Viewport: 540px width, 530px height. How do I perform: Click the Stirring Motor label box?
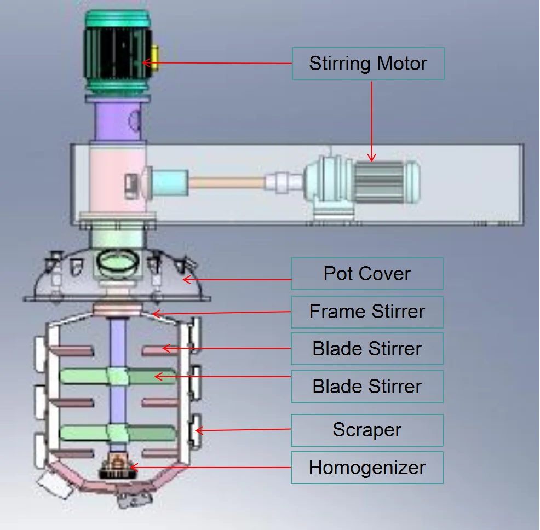pyautogui.click(x=368, y=64)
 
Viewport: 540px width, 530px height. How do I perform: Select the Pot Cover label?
pyautogui.click(x=367, y=274)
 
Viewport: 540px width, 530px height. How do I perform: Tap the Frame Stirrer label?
pyautogui.click(x=367, y=312)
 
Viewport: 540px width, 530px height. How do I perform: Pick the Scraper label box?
pyautogui.click(x=367, y=430)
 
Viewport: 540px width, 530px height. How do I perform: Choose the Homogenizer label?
pyautogui.click(x=367, y=468)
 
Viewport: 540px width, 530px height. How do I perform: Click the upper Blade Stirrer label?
pyautogui.click(x=367, y=349)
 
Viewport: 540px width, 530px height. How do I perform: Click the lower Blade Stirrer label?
pyautogui.click(x=367, y=387)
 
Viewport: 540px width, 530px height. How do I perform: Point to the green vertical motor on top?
pyautogui.click(x=118, y=51)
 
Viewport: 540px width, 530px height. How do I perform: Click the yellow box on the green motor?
pyautogui.click(x=154, y=57)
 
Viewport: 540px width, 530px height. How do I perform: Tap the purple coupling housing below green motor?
pyautogui.click(x=117, y=120)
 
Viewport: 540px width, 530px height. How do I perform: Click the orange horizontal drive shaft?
pyautogui.click(x=227, y=182)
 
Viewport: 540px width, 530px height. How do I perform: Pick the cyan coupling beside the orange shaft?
pyautogui.click(x=170, y=182)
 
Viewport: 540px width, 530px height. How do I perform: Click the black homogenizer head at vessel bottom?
pyautogui.click(x=117, y=467)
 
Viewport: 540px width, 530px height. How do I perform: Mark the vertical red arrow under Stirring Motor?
pyautogui.click(x=372, y=121)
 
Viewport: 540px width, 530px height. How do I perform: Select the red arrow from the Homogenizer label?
pyautogui.click(x=210, y=468)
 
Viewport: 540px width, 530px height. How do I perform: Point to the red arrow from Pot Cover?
pyautogui.click(x=237, y=279)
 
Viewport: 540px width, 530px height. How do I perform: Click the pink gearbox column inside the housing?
pyautogui.click(x=117, y=179)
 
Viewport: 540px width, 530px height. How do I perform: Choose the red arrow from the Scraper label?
pyautogui.click(x=243, y=430)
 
